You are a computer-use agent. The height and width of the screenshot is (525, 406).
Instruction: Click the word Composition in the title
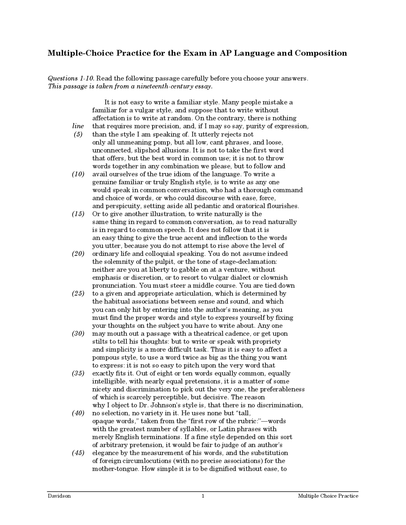pos(321,53)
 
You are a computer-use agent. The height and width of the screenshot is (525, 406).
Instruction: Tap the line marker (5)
pos(78,134)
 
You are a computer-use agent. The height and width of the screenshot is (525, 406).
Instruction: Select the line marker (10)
pos(78,174)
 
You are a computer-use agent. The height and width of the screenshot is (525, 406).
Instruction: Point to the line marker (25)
pos(78,293)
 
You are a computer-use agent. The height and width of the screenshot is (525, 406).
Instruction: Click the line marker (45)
pos(78,453)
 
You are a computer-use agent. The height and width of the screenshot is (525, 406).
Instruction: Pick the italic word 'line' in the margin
pos(78,126)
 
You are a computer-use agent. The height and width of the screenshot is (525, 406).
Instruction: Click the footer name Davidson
pos(59,496)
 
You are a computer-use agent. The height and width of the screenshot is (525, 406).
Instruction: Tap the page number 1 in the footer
pos(203,496)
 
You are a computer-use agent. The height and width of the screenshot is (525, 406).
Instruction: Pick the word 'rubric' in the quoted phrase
pos(251,421)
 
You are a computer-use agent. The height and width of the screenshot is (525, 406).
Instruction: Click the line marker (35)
pos(78,373)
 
